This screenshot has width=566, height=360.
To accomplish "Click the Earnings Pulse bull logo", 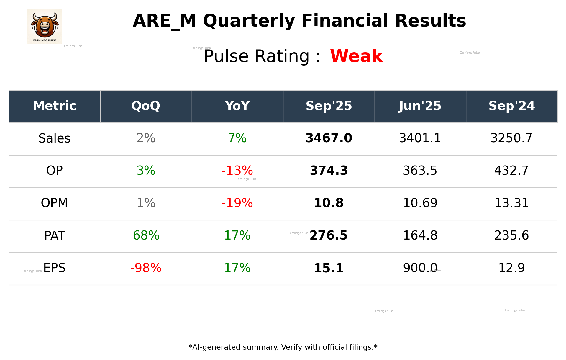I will pos(44,26).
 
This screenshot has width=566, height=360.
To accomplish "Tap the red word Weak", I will pos(356,56).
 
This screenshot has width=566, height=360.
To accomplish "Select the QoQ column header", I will pos(146,106).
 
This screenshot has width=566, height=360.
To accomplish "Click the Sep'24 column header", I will pos(511,106).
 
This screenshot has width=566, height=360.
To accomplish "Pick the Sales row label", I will pos(55,138).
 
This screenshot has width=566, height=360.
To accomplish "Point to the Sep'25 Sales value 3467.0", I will pos(329,138).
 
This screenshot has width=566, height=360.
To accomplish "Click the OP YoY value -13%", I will pos(237,171).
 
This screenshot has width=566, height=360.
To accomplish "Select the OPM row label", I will pos(55,203).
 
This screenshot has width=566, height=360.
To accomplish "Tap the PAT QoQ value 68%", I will pos(146,235).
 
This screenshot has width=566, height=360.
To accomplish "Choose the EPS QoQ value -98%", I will pos(146,268).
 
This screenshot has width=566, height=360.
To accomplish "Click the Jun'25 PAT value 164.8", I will pos(420,235).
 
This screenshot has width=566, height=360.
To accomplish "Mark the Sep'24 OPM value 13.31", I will pos(511,203).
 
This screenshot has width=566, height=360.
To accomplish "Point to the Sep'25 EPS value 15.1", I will pos(329,268).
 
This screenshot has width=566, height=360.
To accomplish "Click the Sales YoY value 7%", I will pos(237,138).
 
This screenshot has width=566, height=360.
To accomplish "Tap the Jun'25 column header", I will pos(420,106).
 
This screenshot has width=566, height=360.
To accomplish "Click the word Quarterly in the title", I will pos(249,21).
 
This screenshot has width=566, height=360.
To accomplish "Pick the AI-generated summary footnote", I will pos(283,347).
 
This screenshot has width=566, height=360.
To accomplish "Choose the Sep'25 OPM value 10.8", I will pos(329,203).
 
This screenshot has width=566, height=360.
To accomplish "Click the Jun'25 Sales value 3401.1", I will pos(420,138).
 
